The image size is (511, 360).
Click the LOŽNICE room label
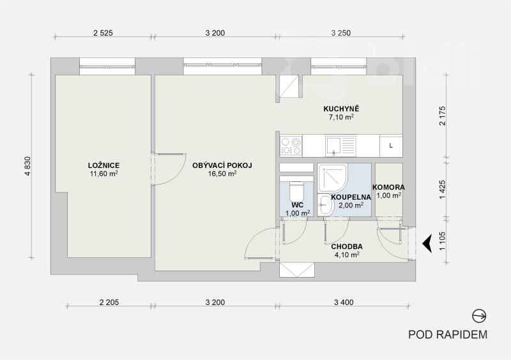tap(103, 165)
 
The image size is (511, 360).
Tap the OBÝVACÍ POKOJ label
tap(222, 165)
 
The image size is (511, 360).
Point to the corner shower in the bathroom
tap(333, 178)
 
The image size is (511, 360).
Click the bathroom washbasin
tap(325, 205)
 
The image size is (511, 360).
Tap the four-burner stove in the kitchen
tap(291, 146)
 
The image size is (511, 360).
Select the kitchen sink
tap(340, 146)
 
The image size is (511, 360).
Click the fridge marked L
tap(391, 146)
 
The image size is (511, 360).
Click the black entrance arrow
tap(427, 243)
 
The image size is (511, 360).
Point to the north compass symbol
tap(480, 316)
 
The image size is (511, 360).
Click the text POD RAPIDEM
tap(448, 334)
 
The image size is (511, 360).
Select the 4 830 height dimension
tap(27, 167)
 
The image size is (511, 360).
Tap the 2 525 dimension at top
tap(103, 33)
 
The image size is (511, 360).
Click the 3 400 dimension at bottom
tap(344, 303)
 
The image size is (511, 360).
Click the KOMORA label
tap(388, 187)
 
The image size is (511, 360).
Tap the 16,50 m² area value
tap(222, 174)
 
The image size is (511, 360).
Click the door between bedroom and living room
tap(169, 169)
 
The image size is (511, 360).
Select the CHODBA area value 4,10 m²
tap(347, 255)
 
